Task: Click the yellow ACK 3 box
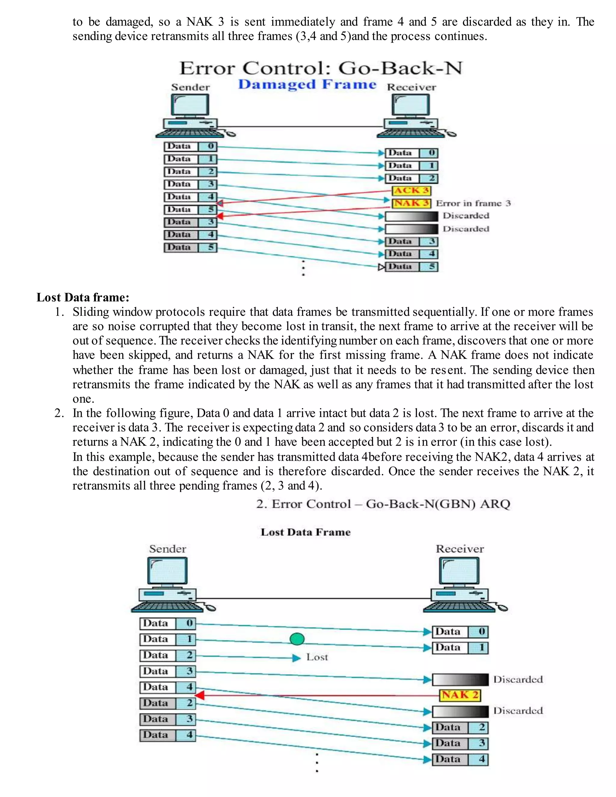(411, 190)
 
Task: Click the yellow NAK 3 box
(411, 203)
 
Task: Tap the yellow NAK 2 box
(460, 695)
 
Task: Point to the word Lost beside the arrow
(317, 657)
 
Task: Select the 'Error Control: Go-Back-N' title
(321, 68)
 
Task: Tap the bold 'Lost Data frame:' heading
(83, 297)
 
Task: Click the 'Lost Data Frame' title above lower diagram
(306, 532)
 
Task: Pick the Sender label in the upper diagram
(190, 87)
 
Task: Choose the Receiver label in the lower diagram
(460, 549)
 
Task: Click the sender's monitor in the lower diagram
(168, 571)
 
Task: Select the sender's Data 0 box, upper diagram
(190, 147)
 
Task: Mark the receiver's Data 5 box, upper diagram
(411, 267)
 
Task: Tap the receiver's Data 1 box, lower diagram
(460, 648)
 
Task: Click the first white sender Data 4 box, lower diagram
(168, 688)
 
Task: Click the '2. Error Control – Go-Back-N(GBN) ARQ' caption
(383, 504)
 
